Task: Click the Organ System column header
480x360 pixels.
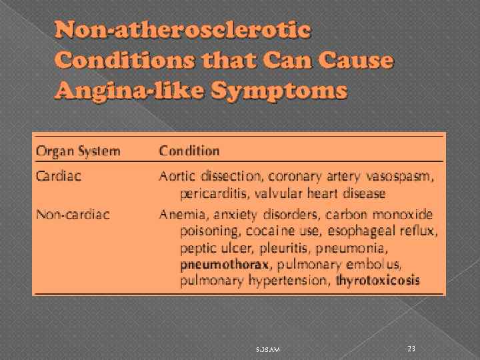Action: (x=79, y=151)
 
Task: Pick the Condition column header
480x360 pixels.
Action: (x=189, y=151)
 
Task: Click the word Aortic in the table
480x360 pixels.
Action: (x=177, y=177)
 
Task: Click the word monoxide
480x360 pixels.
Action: (x=404, y=215)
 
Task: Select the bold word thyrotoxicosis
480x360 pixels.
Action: (x=377, y=281)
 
